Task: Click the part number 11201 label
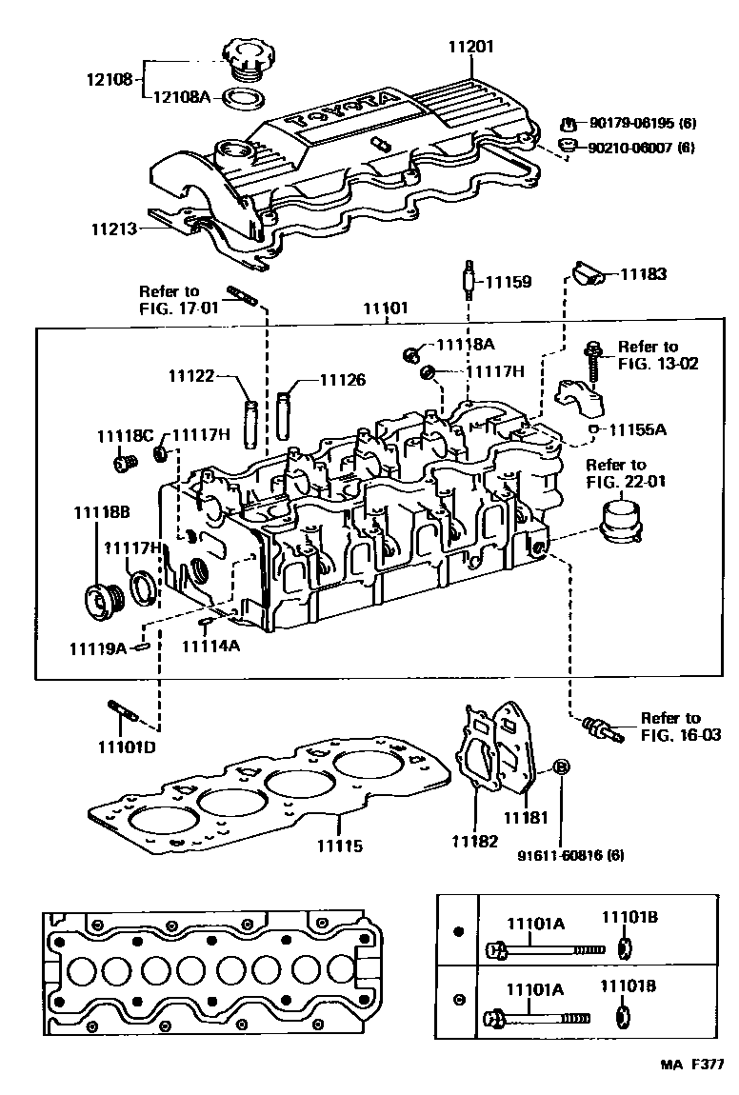coord(473,46)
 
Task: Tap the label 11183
coord(645,274)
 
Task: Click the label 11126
coord(342,380)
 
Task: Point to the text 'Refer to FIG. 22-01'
coord(626,473)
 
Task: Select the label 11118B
coord(102,513)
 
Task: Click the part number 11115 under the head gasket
coord(340,845)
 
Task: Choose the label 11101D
coord(125,746)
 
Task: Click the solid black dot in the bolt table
coord(458,931)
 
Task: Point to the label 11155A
coord(638,429)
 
